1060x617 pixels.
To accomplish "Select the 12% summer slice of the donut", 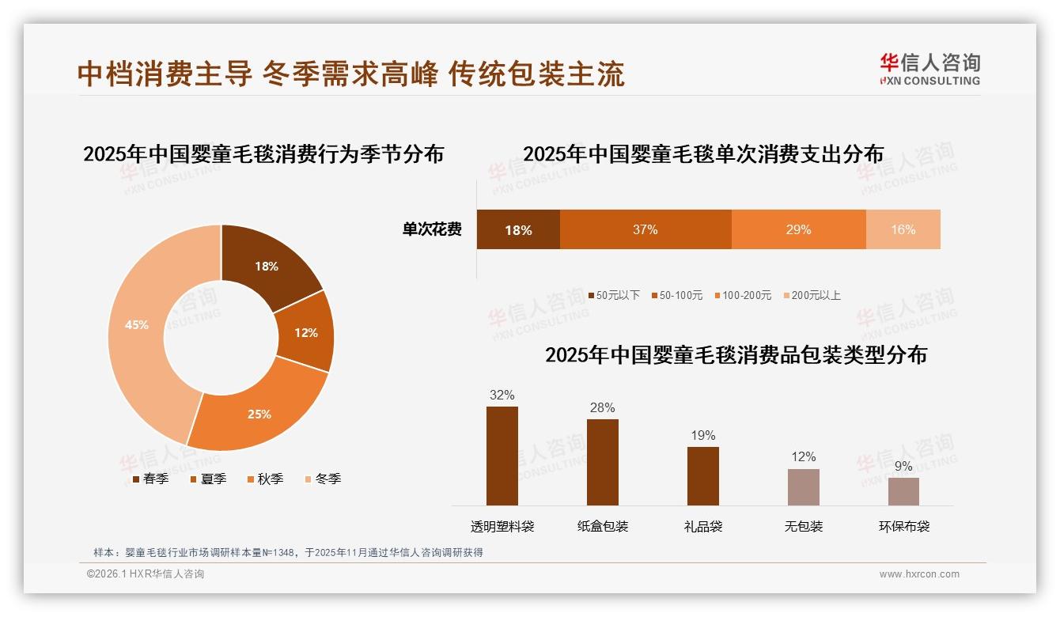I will click(x=306, y=332).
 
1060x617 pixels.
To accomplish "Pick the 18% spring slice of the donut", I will click(x=267, y=267).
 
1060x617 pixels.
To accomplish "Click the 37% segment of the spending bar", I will click(x=645, y=229).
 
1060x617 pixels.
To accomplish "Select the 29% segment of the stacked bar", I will click(x=798, y=229).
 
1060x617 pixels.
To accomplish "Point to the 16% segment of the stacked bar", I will click(x=903, y=229).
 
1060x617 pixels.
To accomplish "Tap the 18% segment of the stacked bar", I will click(x=518, y=229).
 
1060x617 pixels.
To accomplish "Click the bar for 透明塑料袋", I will click(x=502, y=456).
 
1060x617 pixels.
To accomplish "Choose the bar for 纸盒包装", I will click(x=603, y=462).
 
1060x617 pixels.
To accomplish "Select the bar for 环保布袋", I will click(x=903, y=491).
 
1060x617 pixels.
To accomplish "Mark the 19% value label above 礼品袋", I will click(x=702, y=435).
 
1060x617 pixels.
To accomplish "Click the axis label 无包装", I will click(x=803, y=526).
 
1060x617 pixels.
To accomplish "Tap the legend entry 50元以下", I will click(x=614, y=295).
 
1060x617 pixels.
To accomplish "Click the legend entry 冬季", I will click(x=322, y=479).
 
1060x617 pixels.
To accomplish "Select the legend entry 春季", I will click(x=150, y=479).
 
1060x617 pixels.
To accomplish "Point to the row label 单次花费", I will click(x=432, y=229).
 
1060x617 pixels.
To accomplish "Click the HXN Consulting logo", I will click(x=929, y=69).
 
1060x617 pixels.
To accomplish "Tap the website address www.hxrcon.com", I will click(x=919, y=574).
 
